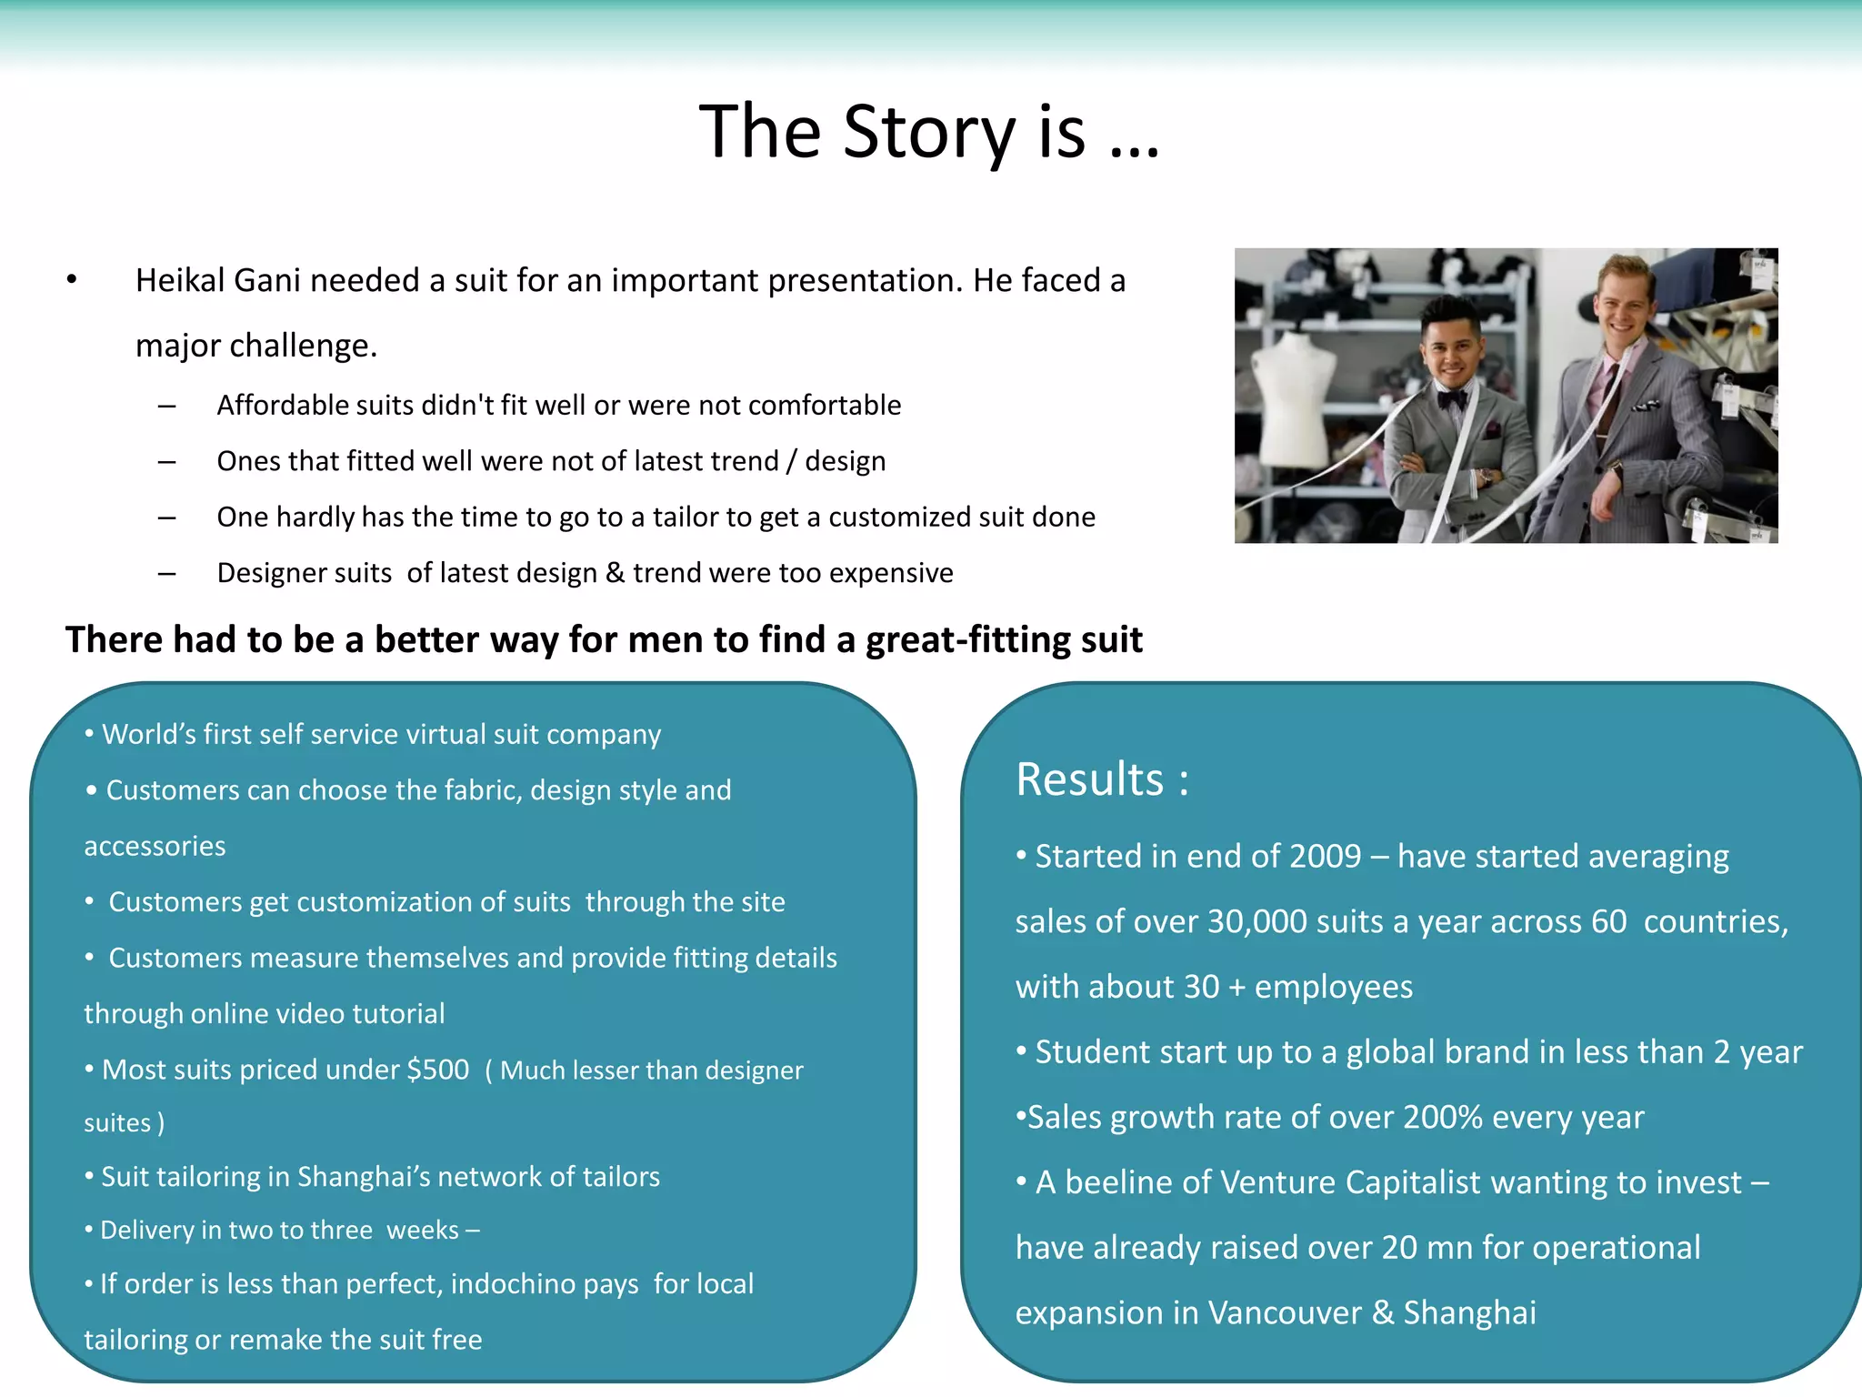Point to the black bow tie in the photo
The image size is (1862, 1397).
coord(1452,397)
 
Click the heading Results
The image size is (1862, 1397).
coord(1089,779)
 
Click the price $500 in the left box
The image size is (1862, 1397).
coord(438,1070)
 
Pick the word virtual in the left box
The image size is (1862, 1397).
coord(445,734)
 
